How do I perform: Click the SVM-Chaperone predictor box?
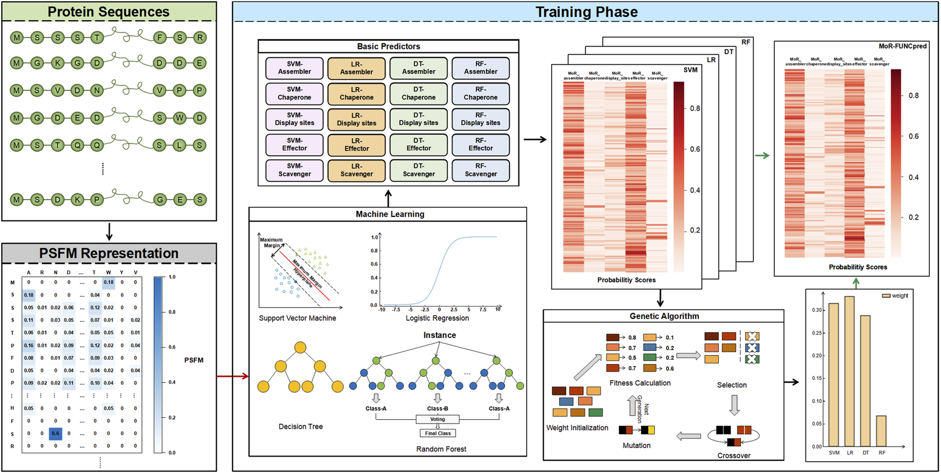click(x=294, y=94)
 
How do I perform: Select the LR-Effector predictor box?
click(x=356, y=145)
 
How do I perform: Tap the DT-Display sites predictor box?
click(x=418, y=119)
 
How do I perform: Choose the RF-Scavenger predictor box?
click(x=481, y=171)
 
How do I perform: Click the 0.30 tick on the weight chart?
click(x=817, y=310)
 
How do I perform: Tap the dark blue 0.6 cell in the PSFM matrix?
click(x=55, y=434)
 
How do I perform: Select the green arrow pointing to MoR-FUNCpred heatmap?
click(x=762, y=156)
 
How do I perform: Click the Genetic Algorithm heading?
click(x=664, y=316)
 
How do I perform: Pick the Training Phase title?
click(x=586, y=12)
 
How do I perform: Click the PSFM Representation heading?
click(x=109, y=254)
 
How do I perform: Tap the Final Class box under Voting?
click(x=438, y=433)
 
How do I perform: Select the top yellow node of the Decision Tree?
click(x=300, y=348)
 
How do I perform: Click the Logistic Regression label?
click(x=437, y=318)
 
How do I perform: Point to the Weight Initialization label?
click(x=577, y=428)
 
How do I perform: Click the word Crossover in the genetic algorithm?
click(x=734, y=455)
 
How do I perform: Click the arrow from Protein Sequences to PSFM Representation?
click(x=109, y=232)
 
